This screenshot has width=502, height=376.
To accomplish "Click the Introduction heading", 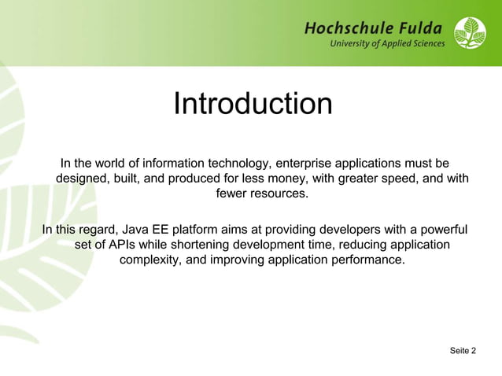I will pyautogui.click(x=252, y=104).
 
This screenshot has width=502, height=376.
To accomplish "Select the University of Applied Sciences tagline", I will pyautogui.click(x=387, y=44).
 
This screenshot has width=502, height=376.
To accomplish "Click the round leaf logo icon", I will pyautogui.click(x=470, y=33).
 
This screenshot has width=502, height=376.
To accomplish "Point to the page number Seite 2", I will pyautogui.click(x=463, y=350).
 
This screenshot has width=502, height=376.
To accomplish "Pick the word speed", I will pyautogui.click(x=407, y=179).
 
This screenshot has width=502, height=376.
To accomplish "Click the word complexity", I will pyautogui.click(x=148, y=260).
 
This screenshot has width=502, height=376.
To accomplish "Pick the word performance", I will pyautogui.click(x=368, y=260).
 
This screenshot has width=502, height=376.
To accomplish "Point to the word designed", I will pyautogui.click(x=83, y=179).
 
